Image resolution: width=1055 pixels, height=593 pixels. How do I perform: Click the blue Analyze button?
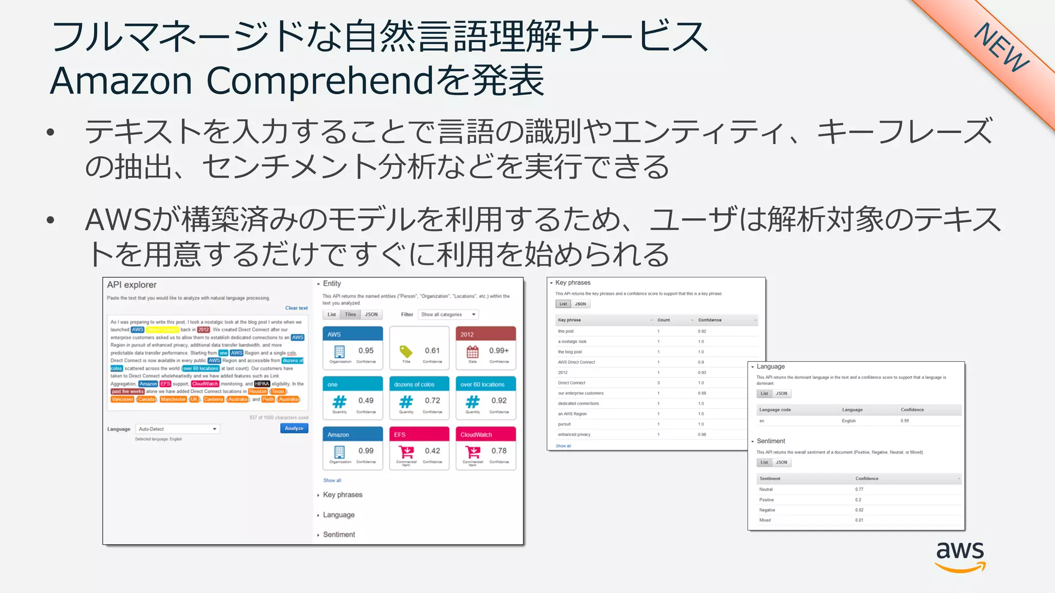pyautogui.click(x=294, y=428)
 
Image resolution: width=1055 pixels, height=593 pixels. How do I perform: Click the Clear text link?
pyautogui.click(x=296, y=308)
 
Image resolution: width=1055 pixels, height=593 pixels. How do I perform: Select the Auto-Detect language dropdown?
pyautogui.click(x=178, y=429)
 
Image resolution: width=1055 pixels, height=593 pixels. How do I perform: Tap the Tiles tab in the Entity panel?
pyautogui.click(x=350, y=315)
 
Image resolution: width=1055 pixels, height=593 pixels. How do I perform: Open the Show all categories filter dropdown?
pyautogui.click(x=449, y=315)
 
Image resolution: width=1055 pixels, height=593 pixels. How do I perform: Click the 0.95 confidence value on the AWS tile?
pyautogui.click(x=366, y=351)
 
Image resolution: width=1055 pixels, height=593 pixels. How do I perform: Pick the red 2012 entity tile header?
pyautogui.click(x=485, y=334)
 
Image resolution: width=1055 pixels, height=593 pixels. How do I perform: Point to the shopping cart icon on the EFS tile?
pyautogui.click(x=406, y=451)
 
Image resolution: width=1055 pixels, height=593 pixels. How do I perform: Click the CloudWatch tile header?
pyautogui.click(x=485, y=434)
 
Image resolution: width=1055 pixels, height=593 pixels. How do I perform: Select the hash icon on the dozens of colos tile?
pyautogui.click(x=406, y=401)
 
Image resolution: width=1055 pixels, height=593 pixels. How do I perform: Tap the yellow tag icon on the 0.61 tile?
pyautogui.click(x=406, y=351)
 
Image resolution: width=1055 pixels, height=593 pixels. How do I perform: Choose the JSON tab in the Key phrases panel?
pyautogui.click(x=581, y=304)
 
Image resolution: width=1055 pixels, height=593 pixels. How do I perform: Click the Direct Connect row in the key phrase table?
pyautogui.click(x=572, y=383)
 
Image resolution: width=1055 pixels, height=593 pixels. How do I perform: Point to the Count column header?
pyautogui.click(x=663, y=320)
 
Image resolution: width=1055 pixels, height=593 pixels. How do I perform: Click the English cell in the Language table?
pyautogui.click(x=848, y=421)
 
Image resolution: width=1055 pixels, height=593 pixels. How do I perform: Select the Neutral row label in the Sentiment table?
pyautogui.click(x=766, y=490)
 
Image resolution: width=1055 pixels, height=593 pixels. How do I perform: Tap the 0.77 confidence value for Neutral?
pyautogui.click(x=859, y=490)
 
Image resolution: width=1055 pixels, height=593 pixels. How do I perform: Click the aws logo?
pyautogui.click(x=960, y=556)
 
